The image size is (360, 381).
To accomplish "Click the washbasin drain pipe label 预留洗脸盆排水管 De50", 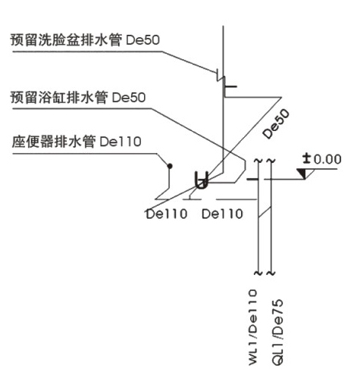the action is click(85, 40).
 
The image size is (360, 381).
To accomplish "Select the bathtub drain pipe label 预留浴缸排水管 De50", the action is click(78, 98).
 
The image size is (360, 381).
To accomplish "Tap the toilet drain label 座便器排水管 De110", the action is click(77, 142).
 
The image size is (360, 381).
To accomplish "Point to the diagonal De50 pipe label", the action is click(276, 123).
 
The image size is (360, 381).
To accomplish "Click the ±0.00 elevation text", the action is click(322, 159).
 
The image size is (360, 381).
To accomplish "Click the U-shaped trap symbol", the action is click(202, 180).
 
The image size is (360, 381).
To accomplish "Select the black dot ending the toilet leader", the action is click(170, 166).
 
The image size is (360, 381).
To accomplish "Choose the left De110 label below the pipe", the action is click(167, 214).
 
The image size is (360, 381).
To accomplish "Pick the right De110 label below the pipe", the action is click(222, 214).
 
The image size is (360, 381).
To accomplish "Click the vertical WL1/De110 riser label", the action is click(252, 327).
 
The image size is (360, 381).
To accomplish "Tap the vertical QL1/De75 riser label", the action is click(277, 332).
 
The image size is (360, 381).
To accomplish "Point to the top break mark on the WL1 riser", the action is click(258, 161).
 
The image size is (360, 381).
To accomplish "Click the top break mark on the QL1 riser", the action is click(271, 161).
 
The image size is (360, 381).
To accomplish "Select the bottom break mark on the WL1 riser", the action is click(258, 273).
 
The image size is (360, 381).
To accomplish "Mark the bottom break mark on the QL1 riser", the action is click(271, 273).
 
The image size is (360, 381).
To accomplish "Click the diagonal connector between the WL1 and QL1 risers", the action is click(265, 212).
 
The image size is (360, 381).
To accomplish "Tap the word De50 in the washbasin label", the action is click(142, 40).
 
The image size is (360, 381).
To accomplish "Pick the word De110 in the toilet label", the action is click(121, 142).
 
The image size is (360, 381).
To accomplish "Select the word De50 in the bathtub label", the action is click(129, 98).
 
